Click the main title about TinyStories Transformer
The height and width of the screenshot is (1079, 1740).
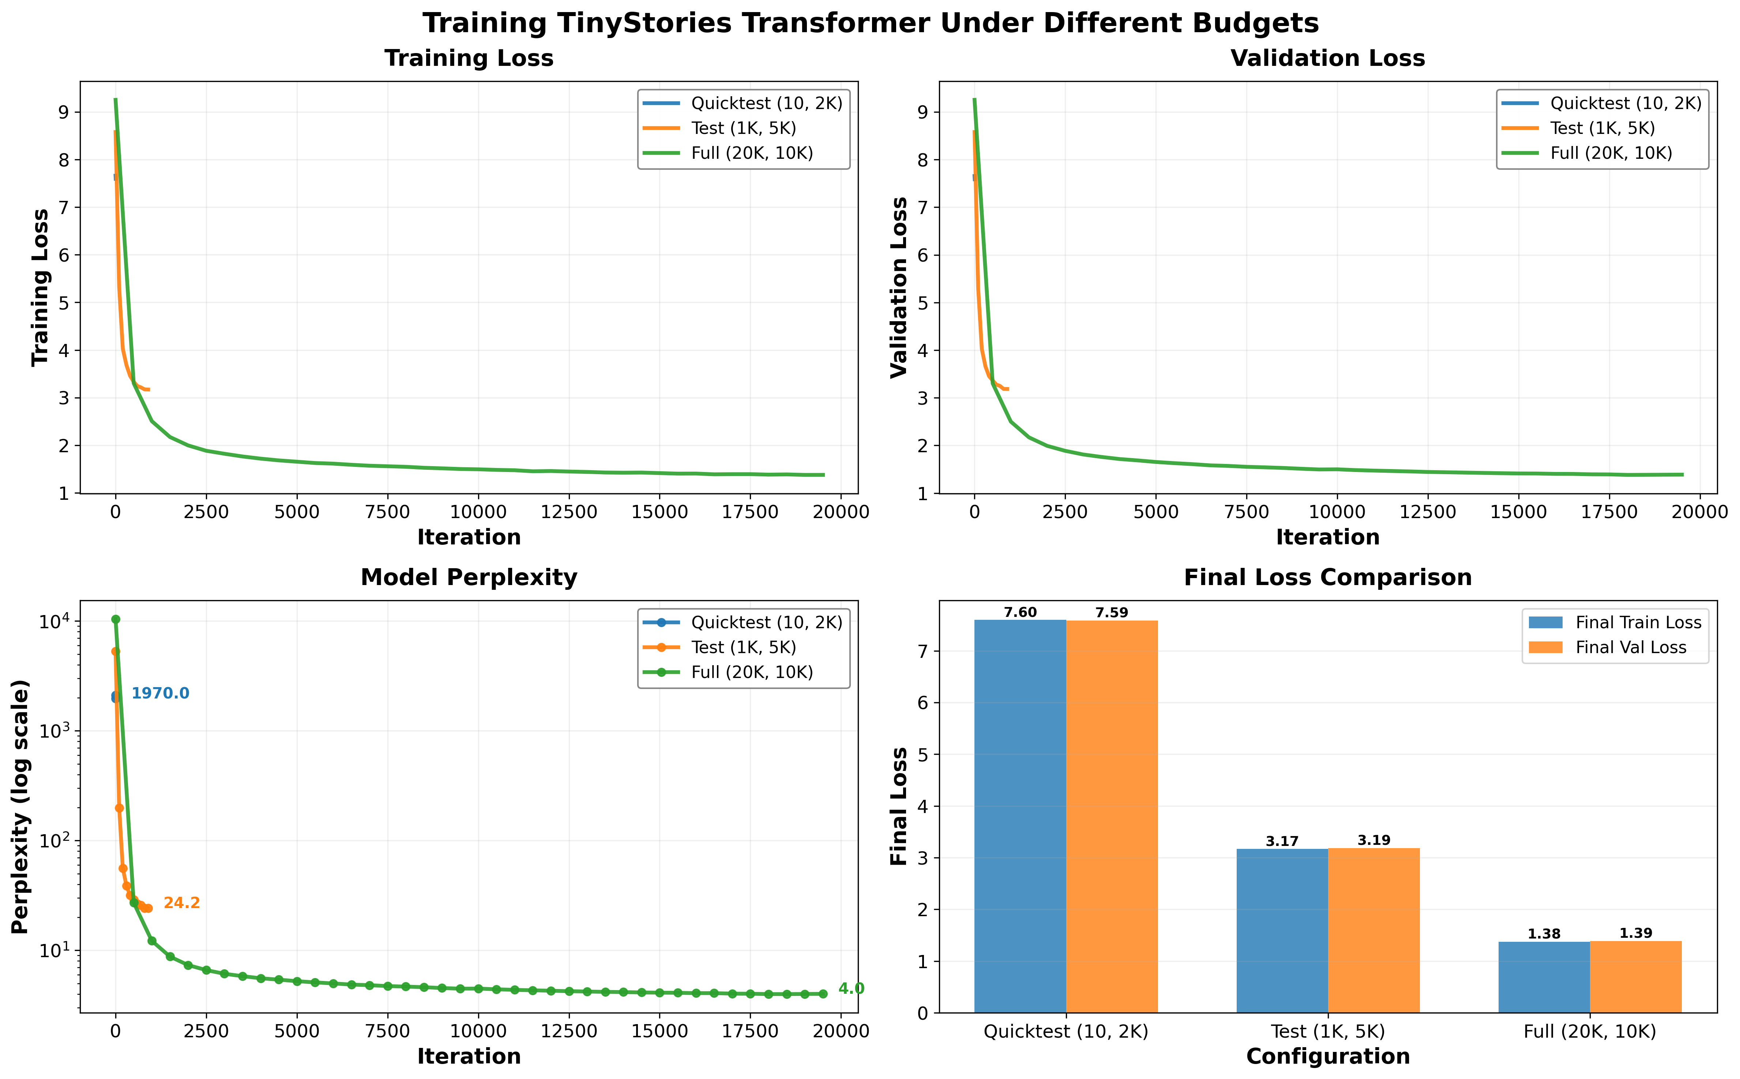870,23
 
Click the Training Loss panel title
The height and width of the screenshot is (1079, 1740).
469,59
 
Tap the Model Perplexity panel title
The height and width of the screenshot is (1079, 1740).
469,577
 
